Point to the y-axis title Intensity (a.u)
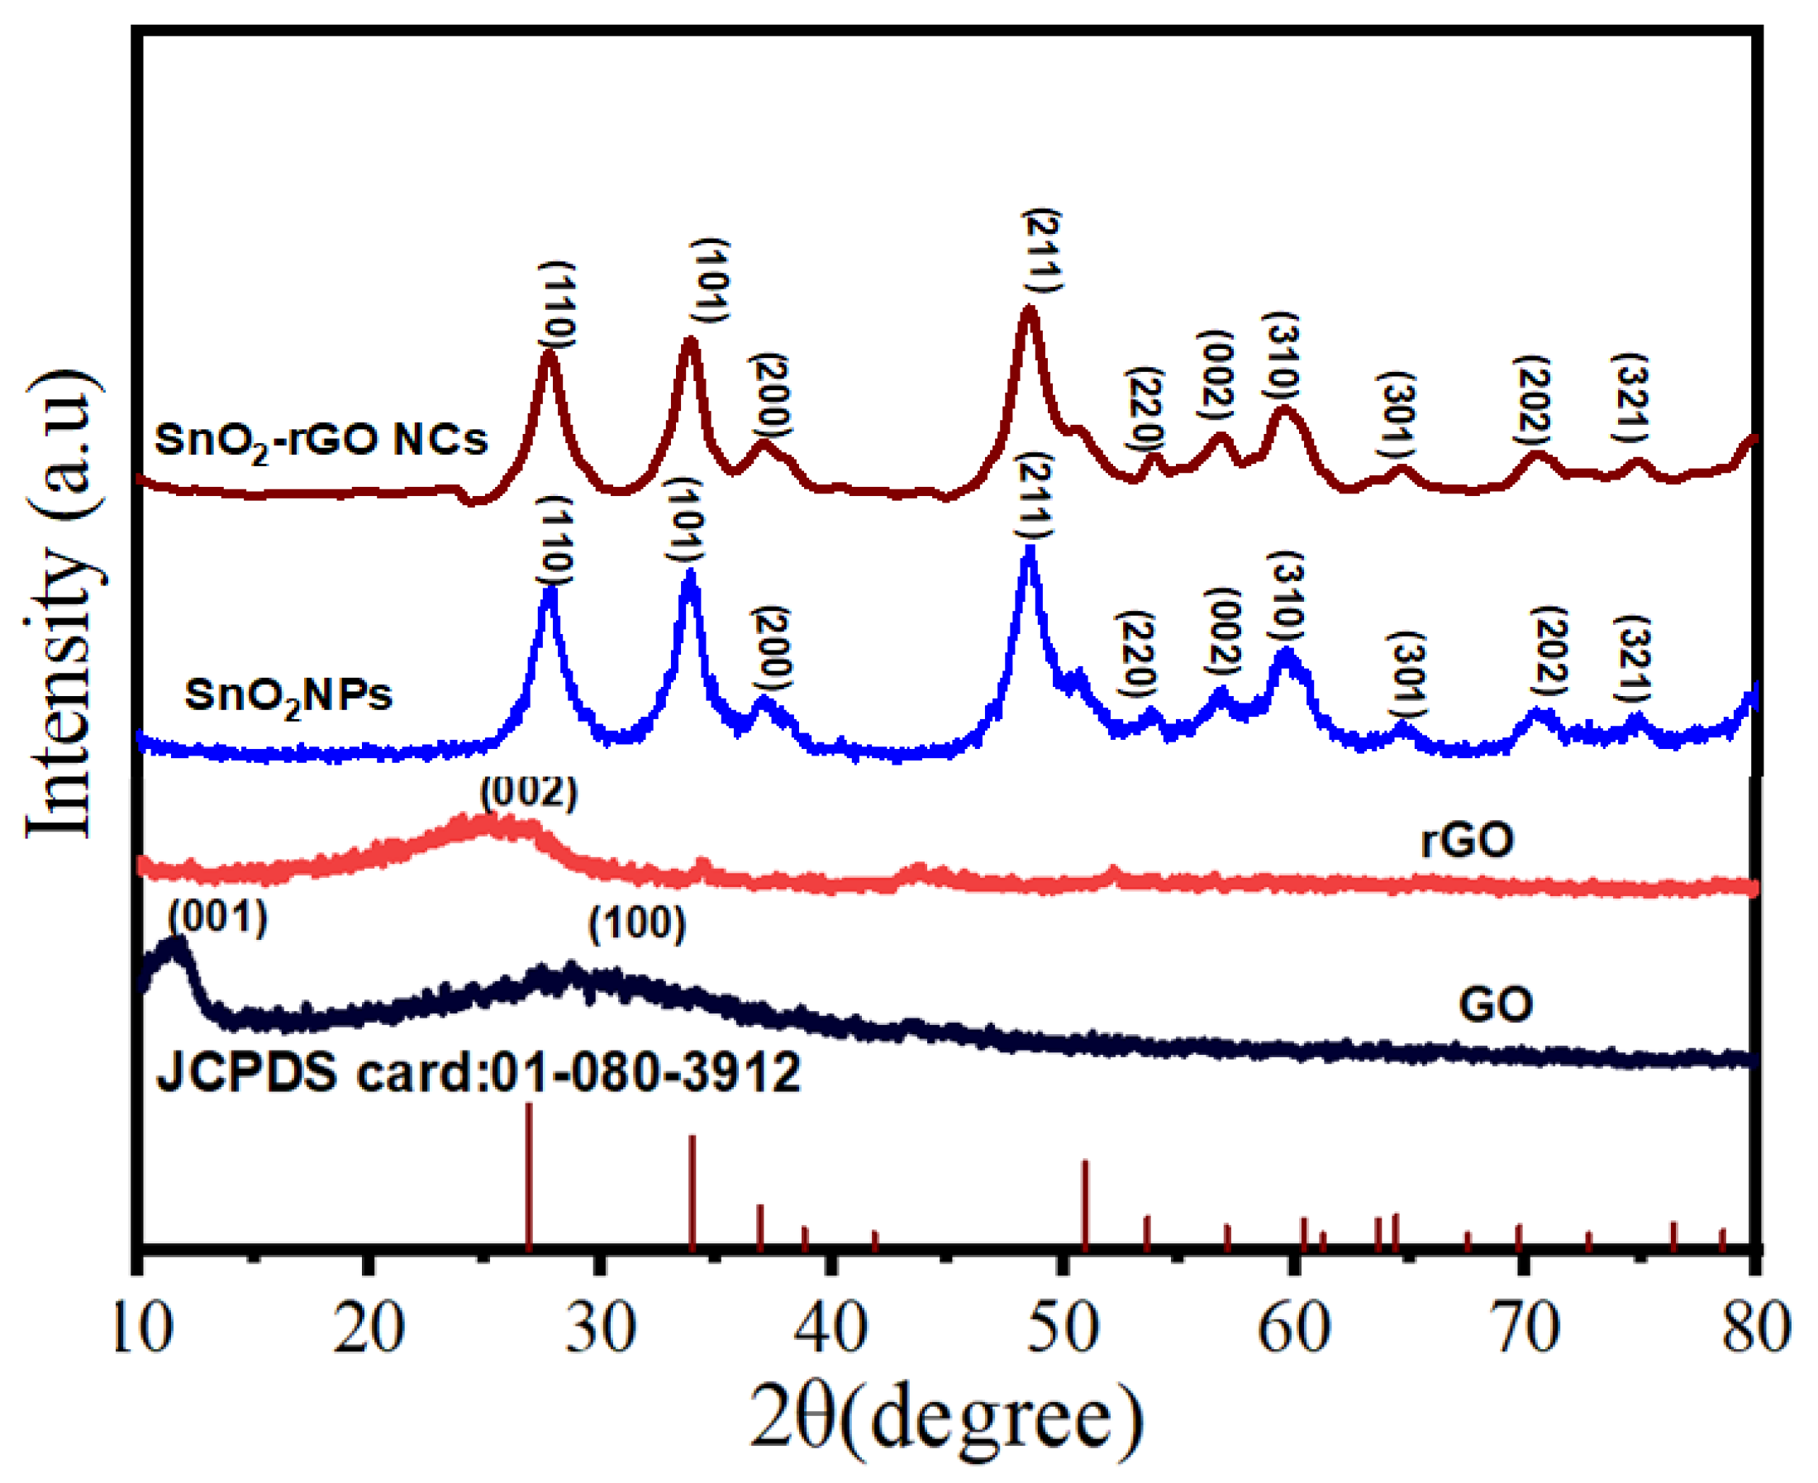point(61,605)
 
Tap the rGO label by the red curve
point(1467,841)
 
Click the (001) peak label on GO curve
point(218,918)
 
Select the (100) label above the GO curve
point(637,924)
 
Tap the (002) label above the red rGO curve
point(529,793)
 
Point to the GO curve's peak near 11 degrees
point(176,944)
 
